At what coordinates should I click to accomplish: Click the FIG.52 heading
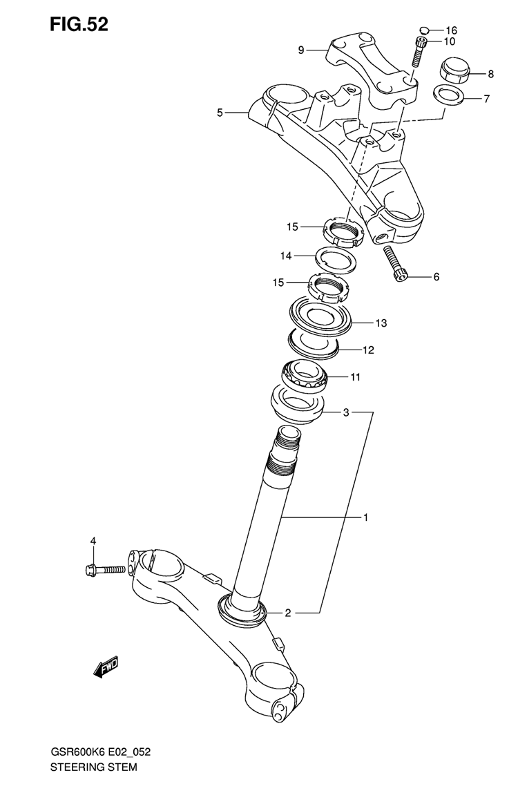click(79, 23)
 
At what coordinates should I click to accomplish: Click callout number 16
click(451, 31)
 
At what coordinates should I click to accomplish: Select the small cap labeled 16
click(425, 30)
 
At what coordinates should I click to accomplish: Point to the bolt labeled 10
click(418, 52)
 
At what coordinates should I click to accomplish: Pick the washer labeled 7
click(448, 95)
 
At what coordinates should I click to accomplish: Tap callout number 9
click(301, 50)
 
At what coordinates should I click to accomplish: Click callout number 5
click(220, 113)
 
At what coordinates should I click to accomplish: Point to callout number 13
click(381, 323)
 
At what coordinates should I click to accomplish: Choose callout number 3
click(346, 412)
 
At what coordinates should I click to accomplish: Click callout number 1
click(365, 517)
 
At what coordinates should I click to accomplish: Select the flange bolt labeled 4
click(105, 570)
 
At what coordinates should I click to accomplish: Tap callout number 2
click(287, 613)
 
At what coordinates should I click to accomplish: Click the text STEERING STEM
click(93, 767)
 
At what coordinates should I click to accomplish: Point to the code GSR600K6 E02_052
click(99, 752)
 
